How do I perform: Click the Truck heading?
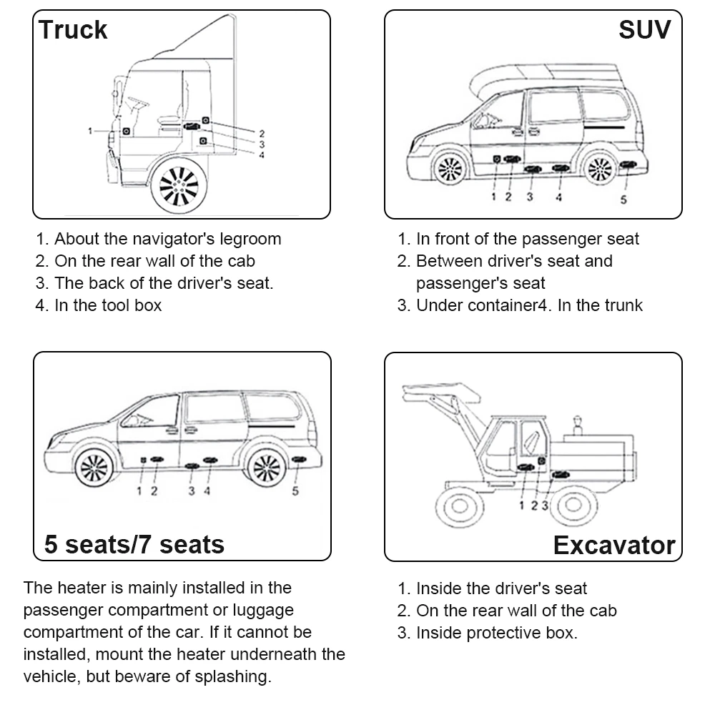click(x=73, y=30)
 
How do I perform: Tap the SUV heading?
click(x=645, y=30)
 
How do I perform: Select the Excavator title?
click(x=613, y=546)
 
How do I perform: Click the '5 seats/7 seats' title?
click(x=134, y=544)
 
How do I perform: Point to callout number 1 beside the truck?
click(x=90, y=131)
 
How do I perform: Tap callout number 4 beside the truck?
click(x=262, y=154)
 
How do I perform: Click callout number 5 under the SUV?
click(x=623, y=199)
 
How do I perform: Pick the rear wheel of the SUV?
click(x=598, y=169)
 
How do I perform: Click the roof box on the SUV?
click(x=543, y=75)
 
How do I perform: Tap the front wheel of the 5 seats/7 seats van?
click(x=94, y=468)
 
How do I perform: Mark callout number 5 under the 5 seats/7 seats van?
click(x=295, y=490)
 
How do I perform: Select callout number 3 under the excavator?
click(x=545, y=506)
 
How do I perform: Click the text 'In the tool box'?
click(x=108, y=305)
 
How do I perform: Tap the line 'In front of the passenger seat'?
click(x=527, y=239)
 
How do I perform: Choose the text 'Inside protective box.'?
click(x=496, y=633)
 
